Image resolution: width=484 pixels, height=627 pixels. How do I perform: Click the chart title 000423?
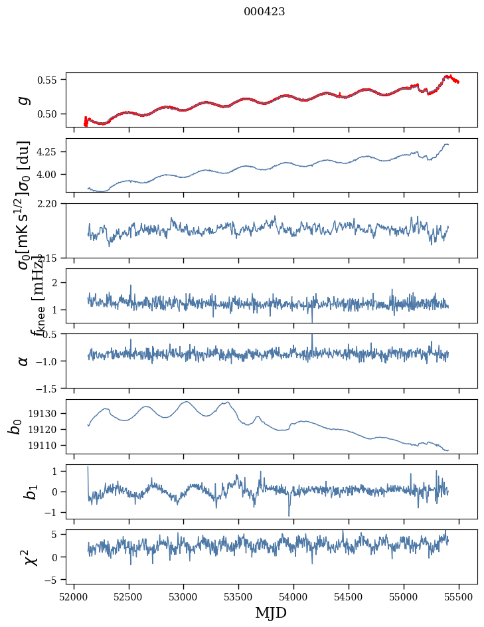[264, 11]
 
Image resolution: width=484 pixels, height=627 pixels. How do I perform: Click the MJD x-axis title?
[271, 612]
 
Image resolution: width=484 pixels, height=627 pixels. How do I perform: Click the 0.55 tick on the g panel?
[48, 80]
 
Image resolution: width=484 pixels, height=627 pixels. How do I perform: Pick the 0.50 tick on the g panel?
[48, 114]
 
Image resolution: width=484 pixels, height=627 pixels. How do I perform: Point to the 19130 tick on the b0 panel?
[45, 414]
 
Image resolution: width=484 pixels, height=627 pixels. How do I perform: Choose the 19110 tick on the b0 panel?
[45, 445]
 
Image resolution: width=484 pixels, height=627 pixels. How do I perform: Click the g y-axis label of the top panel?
[24, 100]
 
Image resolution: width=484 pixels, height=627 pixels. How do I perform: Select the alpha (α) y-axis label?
[24, 361]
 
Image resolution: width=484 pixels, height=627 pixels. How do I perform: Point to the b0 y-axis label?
[15, 426]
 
